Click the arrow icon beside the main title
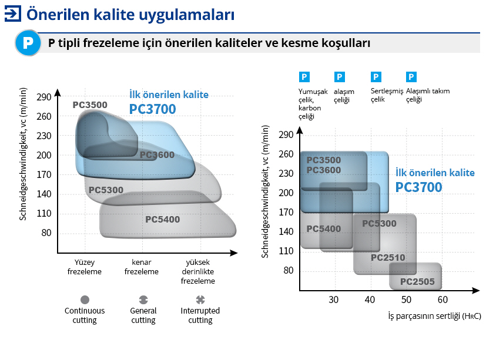(13, 14)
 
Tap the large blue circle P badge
(28, 43)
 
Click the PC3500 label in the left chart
(90, 105)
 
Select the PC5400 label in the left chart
(162, 219)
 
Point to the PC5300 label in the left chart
(106, 190)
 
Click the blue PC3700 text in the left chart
(152, 109)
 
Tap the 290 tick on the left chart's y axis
(43, 97)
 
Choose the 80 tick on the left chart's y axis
(46, 233)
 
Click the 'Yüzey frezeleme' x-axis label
(84, 267)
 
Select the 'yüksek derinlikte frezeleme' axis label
(197, 271)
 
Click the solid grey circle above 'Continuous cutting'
(85, 300)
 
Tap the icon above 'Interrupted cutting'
(200, 300)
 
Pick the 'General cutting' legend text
(143, 315)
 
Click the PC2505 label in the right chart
(417, 282)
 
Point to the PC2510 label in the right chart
(388, 257)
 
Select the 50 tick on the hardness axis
(406, 300)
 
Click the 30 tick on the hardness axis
(334, 300)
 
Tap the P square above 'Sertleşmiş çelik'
(376, 77)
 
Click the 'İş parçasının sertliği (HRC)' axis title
(434, 316)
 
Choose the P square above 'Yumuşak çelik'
(304, 77)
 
